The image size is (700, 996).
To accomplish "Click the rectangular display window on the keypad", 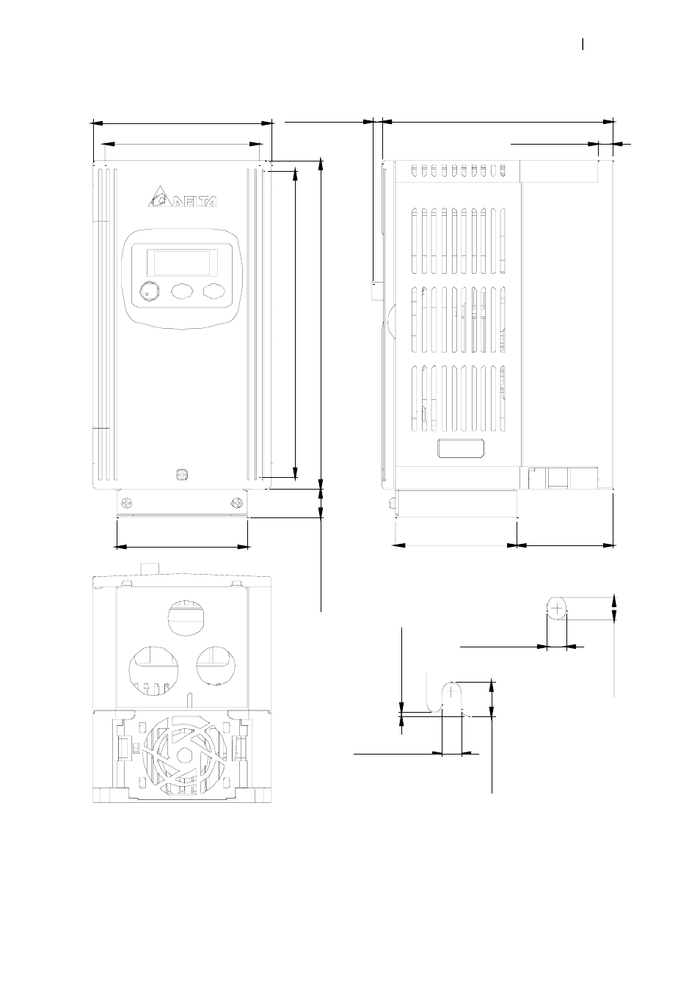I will [183, 262].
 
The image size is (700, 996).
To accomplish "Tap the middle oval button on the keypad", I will [182, 291].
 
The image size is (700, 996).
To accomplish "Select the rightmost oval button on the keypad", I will [214, 291].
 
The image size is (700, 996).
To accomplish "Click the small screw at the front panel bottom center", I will [183, 474].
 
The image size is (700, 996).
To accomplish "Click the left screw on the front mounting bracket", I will [127, 503].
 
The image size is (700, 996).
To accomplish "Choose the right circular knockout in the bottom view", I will [216, 664].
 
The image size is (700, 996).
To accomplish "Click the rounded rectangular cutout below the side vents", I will [462, 448].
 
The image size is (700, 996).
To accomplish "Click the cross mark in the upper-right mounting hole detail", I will [558, 609].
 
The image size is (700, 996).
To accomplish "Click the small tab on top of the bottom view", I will [150, 570].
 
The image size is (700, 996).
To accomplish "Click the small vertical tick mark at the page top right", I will [583, 45].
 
